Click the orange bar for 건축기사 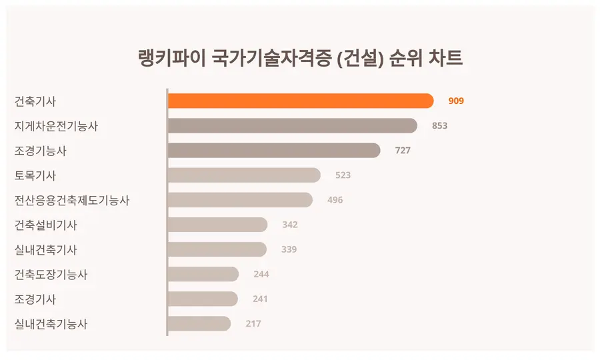point(300,101)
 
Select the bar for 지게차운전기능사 point(292,125)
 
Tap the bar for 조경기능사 point(273,150)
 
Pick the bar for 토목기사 point(244,175)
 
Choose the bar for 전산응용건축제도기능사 point(240,199)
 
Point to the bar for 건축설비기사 point(217,225)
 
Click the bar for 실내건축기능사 point(199,324)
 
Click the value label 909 point(456,101)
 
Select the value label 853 point(440,126)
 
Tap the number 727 point(403,151)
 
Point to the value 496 point(335,200)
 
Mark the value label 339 point(289,249)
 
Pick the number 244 point(261,274)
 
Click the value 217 point(253,324)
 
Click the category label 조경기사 point(35,299)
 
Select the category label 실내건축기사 point(45,250)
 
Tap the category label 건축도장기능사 point(51,275)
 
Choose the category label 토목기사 point(35,175)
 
